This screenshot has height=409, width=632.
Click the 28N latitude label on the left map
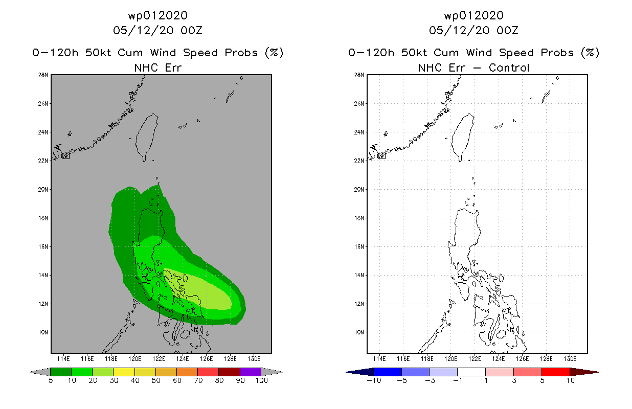(x=43, y=75)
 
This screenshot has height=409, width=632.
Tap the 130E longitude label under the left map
(x=254, y=359)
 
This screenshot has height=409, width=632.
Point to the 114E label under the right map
(x=379, y=359)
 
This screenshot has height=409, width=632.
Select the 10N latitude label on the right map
(x=359, y=332)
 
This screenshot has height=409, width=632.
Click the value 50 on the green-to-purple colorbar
(x=156, y=380)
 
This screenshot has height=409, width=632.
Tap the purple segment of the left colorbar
(x=251, y=372)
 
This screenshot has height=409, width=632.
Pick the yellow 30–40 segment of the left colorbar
(x=124, y=372)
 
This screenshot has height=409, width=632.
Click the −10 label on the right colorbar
(x=374, y=380)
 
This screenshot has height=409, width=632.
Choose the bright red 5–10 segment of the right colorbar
(x=556, y=372)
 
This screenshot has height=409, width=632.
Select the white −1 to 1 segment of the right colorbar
(x=471, y=372)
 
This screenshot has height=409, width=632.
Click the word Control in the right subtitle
(x=509, y=68)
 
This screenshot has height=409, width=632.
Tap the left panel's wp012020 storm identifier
(x=158, y=15)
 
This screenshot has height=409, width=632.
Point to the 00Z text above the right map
(x=507, y=30)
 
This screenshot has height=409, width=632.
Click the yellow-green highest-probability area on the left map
(x=202, y=291)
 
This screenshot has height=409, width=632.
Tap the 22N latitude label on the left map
(x=43, y=161)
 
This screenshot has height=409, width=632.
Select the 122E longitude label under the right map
(x=475, y=359)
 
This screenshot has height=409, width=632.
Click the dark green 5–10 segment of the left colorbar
(x=61, y=372)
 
